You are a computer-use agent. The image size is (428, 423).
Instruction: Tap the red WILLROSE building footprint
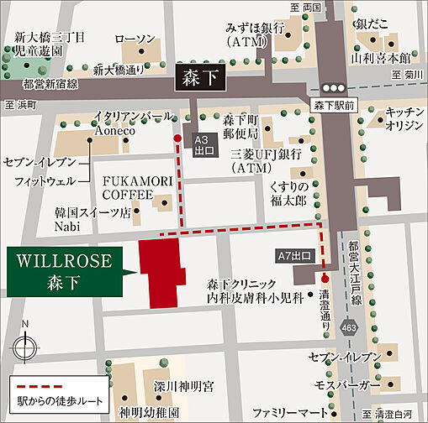pos(165,270)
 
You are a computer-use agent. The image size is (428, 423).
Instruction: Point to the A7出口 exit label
pos(294,254)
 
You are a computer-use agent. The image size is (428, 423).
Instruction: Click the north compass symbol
pos(26,343)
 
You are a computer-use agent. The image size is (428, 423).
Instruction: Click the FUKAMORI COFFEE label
pos(128,187)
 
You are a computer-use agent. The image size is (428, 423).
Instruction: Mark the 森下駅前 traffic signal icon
pos(333,87)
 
